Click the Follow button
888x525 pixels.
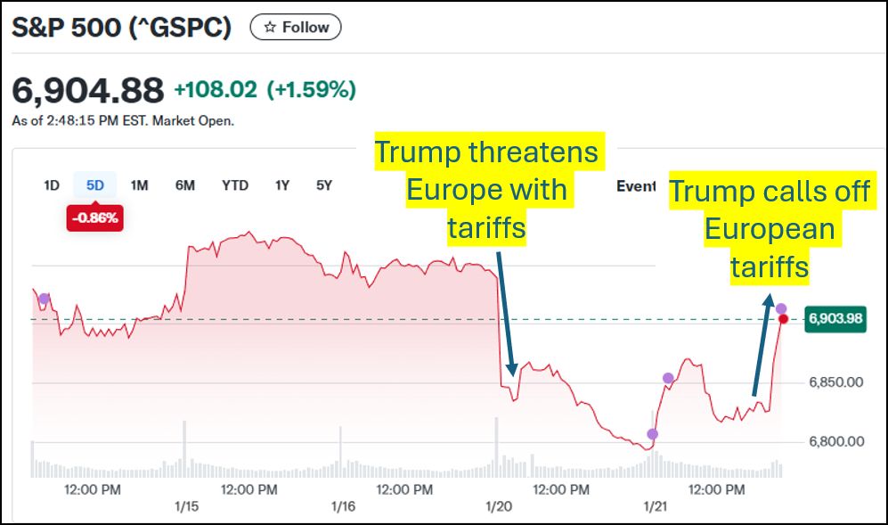[295, 28]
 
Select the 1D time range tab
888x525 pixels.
[52, 185]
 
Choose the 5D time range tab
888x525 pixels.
[94, 185]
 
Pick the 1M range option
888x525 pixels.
[139, 185]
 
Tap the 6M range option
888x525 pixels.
[184, 185]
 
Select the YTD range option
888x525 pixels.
[235, 185]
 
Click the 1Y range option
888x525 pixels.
[282, 185]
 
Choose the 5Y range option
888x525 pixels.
[324, 185]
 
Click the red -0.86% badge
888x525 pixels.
[94, 217]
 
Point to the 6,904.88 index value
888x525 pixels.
[87, 90]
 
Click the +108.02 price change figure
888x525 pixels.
[215, 90]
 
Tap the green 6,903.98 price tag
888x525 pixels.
[835, 319]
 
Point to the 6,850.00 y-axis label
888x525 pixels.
[835, 382]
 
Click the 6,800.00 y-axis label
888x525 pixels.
[835, 441]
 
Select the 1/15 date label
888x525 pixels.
[187, 505]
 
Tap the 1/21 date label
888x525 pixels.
[655, 505]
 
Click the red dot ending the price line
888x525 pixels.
[783, 319]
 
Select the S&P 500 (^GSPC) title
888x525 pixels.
[121, 28]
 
